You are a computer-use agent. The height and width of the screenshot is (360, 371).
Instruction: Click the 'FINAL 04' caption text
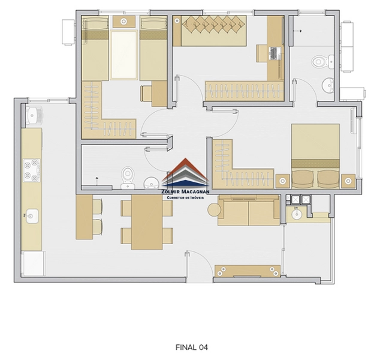click(191, 347)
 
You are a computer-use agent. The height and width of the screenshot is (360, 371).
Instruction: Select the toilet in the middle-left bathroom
click(127, 175)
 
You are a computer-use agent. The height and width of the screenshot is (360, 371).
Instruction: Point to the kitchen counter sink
click(32, 214)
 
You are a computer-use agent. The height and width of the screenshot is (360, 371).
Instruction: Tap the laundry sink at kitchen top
click(33, 114)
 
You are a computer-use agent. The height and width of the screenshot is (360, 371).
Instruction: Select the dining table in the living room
click(147, 222)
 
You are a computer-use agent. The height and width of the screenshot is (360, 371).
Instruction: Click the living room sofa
click(248, 211)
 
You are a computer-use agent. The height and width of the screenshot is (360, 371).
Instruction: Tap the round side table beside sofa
click(214, 209)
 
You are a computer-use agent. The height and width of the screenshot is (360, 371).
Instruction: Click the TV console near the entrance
click(248, 271)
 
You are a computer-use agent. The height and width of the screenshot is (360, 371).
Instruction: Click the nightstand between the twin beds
click(124, 22)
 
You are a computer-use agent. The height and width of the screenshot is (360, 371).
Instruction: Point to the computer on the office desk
click(275, 53)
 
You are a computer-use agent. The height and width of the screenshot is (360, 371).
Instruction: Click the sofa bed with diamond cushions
click(213, 30)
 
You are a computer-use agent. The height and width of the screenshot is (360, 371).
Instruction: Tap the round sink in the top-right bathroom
click(328, 84)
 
